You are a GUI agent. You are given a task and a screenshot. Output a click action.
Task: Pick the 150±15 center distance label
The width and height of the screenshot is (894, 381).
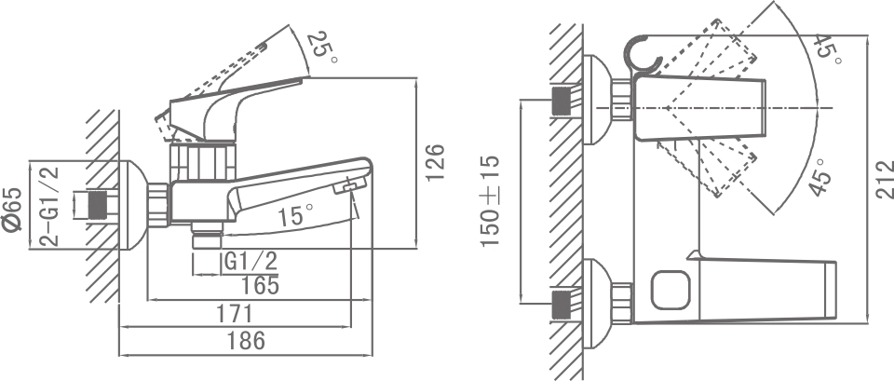[x=491, y=200]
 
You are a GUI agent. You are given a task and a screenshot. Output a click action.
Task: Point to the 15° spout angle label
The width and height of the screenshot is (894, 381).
[x=291, y=216]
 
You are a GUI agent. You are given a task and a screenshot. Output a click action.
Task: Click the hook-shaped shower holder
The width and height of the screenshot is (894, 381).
[x=644, y=55]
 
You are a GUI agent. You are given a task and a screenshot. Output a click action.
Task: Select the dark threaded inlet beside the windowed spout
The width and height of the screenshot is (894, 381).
[x=562, y=305]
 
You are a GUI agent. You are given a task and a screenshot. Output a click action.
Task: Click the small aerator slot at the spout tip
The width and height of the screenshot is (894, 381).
[x=347, y=189]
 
